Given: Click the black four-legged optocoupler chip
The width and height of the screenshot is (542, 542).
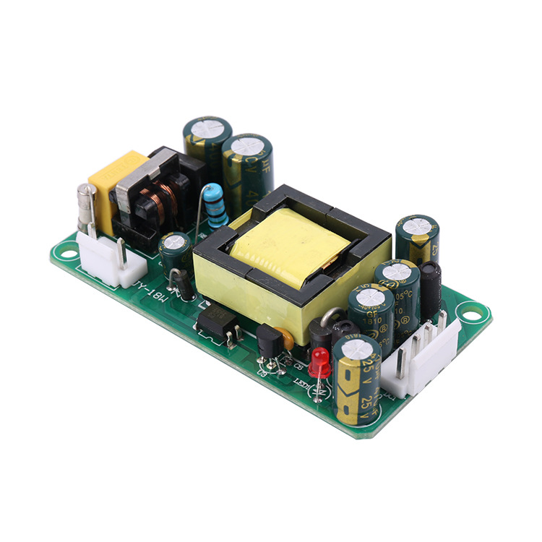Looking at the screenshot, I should point(218,320).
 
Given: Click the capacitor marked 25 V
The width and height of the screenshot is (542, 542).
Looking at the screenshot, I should point(356,376).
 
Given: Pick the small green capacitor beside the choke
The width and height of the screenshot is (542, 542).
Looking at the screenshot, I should point(176,251).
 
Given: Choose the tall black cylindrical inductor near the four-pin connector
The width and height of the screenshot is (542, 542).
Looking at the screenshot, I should point(431,290).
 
